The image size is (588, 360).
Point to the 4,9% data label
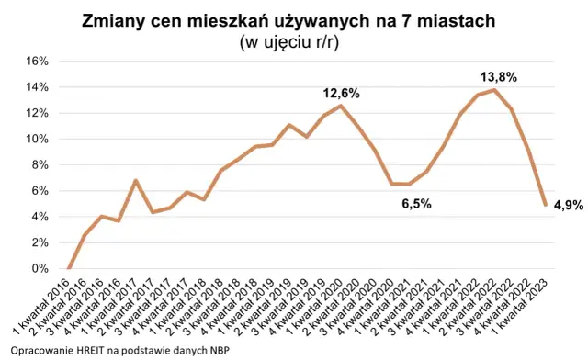point(570,206)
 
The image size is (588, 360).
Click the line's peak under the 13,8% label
point(495,90)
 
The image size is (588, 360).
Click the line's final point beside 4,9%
point(545,205)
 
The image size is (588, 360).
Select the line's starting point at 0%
point(70,268)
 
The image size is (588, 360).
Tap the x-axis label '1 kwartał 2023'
point(521,308)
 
